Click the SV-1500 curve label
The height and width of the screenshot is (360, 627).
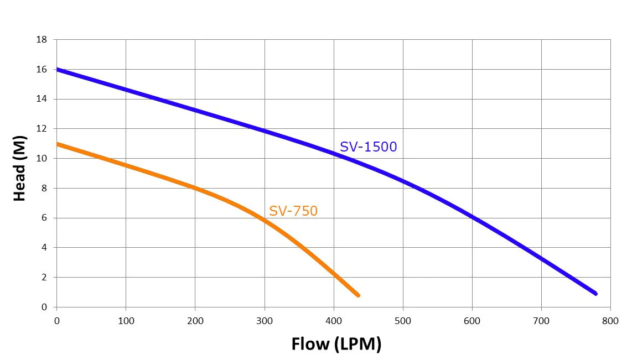click(368, 147)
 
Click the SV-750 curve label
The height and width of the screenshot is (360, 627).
click(293, 211)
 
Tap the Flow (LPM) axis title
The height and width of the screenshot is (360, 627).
click(336, 344)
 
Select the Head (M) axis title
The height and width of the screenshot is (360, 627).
click(19, 168)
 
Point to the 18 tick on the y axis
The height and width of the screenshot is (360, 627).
click(42, 40)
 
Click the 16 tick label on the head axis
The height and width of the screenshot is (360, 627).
click(42, 70)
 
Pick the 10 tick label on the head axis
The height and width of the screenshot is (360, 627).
click(42, 159)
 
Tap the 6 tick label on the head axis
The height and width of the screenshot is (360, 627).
click(44, 218)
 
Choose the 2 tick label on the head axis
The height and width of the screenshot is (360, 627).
click(44, 277)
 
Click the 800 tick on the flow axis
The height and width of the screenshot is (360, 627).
click(610, 321)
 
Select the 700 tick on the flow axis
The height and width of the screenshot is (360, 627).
click(541, 321)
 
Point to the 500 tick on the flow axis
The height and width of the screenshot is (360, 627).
click(403, 321)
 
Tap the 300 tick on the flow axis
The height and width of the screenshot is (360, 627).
click(265, 321)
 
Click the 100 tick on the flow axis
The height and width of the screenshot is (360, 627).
click(126, 321)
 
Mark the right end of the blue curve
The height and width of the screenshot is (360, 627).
click(596, 294)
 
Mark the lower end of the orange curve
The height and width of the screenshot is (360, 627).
click(358, 295)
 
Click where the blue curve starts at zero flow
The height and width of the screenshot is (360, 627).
click(57, 70)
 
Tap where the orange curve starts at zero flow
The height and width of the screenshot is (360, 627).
click(57, 144)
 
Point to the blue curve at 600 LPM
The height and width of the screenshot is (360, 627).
click(472, 217)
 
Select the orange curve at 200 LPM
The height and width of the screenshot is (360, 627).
click(195, 188)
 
